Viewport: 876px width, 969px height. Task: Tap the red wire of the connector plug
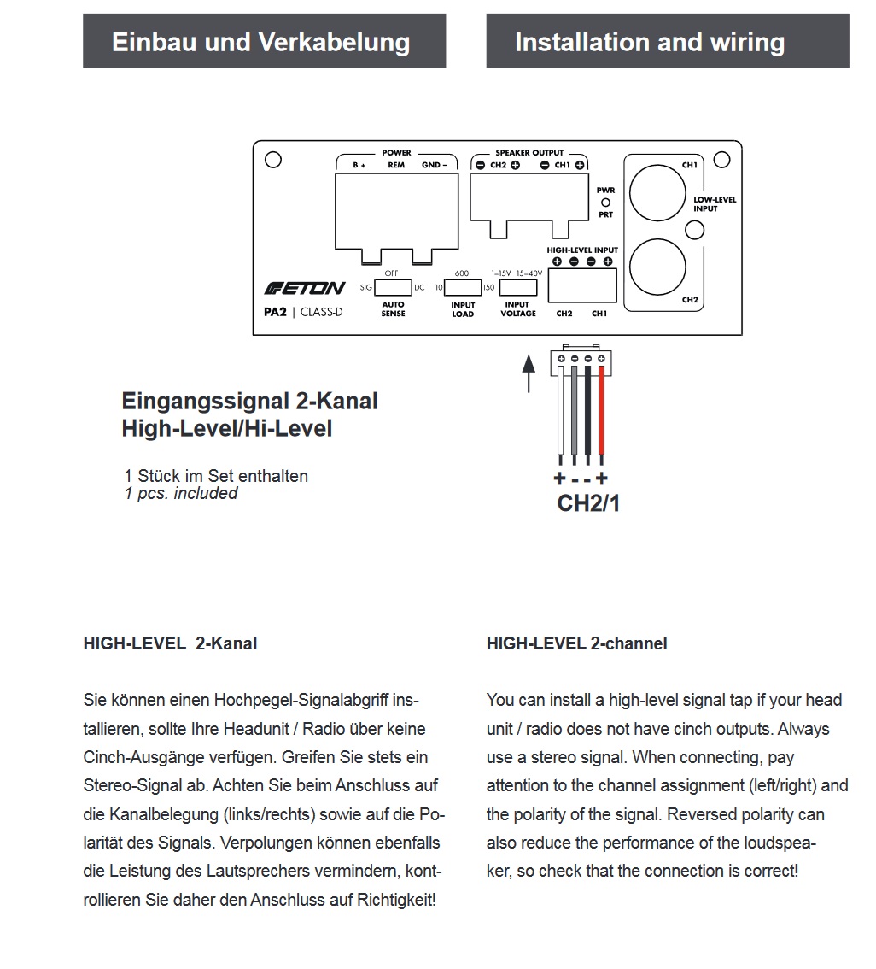[x=602, y=410]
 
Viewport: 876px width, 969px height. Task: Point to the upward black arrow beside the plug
[x=529, y=373]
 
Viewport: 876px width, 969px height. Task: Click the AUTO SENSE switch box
[x=393, y=287]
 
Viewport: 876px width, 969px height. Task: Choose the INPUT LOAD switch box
[x=463, y=287]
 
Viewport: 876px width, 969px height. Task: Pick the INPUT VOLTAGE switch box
[x=517, y=287]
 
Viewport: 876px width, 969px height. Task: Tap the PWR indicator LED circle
[x=606, y=203]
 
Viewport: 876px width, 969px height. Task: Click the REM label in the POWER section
[x=396, y=165]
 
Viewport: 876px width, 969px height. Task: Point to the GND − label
[x=434, y=165]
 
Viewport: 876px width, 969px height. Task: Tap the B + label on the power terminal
[x=359, y=165]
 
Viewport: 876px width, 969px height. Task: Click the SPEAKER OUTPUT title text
[x=529, y=153]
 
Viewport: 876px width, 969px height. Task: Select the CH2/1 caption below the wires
[x=588, y=503]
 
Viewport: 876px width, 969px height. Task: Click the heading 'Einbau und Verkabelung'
[x=261, y=42]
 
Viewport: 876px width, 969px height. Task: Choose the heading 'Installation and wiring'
[x=649, y=42]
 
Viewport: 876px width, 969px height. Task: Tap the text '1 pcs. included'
[x=181, y=494]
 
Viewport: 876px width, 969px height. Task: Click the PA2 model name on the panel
[x=274, y=312]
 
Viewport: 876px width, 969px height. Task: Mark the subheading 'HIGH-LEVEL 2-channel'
[x=576, y=643]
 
